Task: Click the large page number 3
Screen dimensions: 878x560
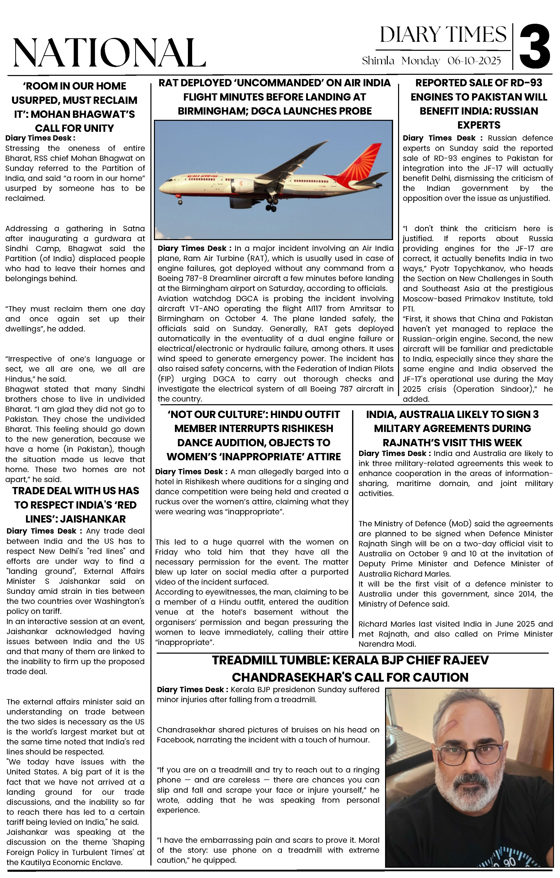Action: click(535, 47)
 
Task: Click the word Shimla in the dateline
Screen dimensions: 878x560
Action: click(378, 61)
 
